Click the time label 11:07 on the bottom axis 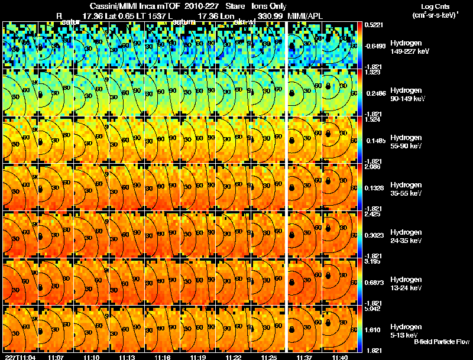tap(56, 357)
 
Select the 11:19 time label tap(198, 357)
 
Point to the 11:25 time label tap(269, 357)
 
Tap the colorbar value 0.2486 tap(373, 93)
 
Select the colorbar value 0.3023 tap(373, 235)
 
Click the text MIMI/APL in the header tap(305, 16)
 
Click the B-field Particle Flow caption tap(442, 342)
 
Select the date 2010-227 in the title tap(202, 5)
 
